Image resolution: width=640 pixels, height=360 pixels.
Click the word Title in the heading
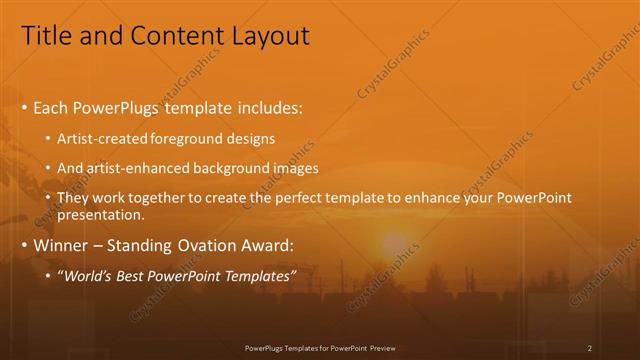45,36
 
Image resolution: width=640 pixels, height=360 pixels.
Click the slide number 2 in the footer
590,348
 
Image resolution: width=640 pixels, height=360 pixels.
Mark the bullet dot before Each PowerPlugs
24,107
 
